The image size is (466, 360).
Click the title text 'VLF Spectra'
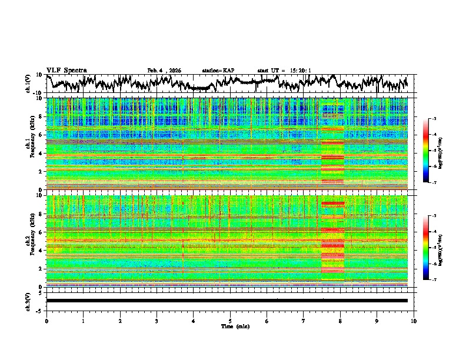tap(66, 70)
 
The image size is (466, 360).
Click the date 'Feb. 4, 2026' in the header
tap(164, 71)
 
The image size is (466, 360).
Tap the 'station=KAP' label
tap(218, 71)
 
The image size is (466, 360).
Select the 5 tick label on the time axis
tap(230, 321)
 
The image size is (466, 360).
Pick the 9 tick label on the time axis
tap(377, 321)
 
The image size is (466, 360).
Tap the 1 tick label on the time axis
tap(83, 321)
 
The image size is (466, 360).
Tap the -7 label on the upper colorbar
tap(434, 183)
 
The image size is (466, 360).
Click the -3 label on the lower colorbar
tap(434, 216)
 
